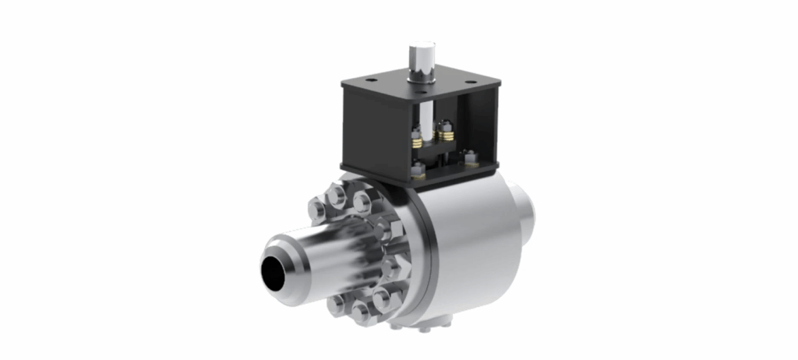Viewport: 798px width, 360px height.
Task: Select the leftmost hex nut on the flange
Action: coord(318,209)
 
